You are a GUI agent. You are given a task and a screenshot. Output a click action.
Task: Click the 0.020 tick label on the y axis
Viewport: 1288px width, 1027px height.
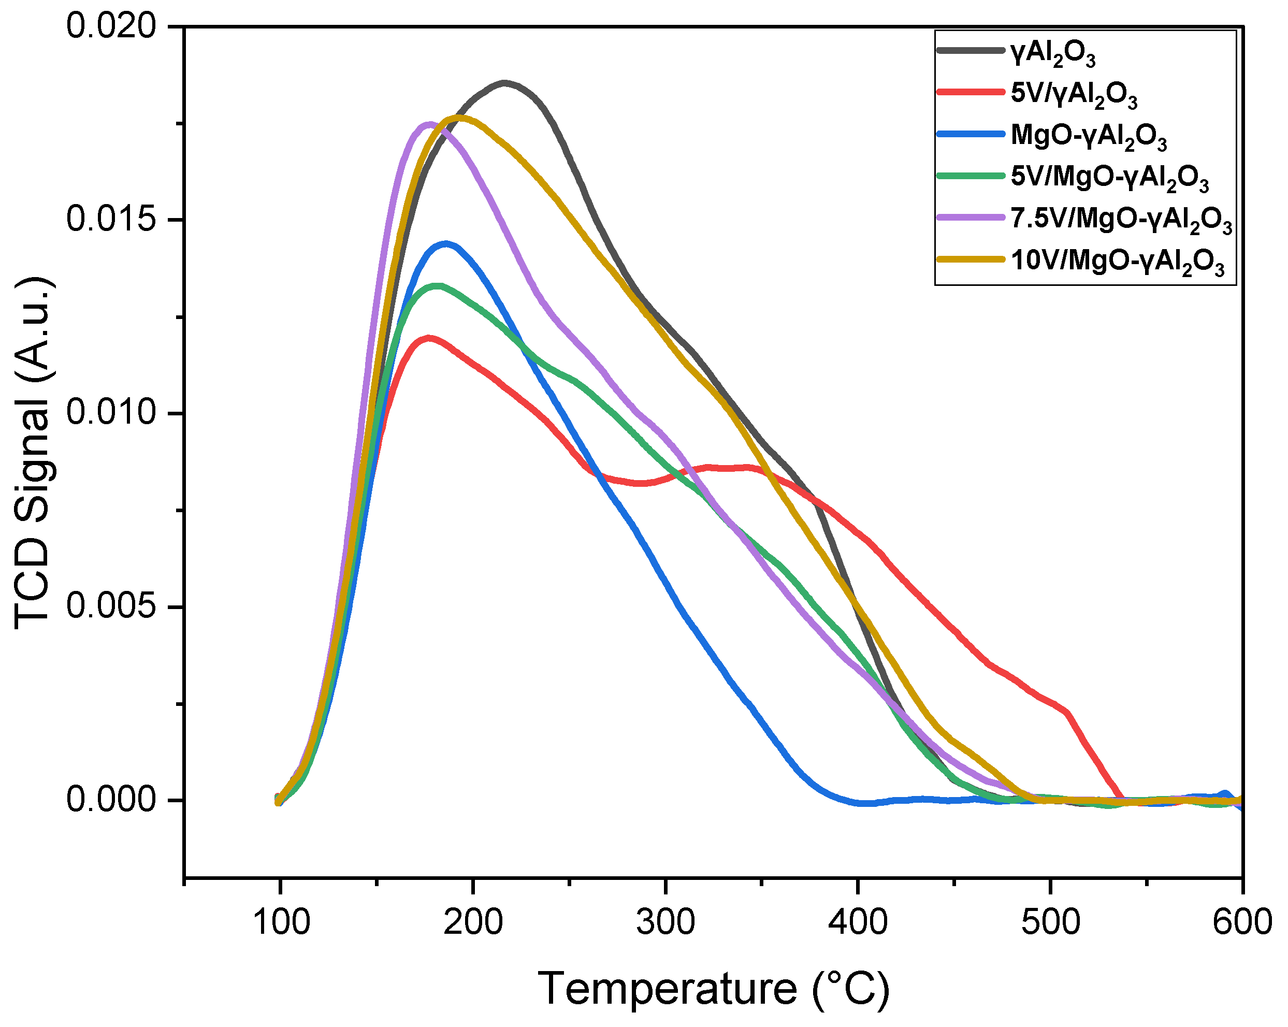click(111, 27)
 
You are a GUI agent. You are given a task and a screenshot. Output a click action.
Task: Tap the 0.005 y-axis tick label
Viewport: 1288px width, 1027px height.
click(111, 607)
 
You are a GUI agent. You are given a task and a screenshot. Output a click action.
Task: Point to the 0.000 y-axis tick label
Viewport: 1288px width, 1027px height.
click(111, 800)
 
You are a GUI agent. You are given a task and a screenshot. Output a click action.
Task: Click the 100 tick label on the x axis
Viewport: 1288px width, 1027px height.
click(281, 922)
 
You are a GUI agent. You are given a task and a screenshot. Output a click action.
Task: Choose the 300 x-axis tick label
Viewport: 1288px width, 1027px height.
click(665, 922)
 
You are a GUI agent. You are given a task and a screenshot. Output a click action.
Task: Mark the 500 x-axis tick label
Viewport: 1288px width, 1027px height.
click(1050, 922)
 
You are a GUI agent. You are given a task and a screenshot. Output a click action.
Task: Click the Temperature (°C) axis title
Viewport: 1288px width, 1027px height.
click(714, 989)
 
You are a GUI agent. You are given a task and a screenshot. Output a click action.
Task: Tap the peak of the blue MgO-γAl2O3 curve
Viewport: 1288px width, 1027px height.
click(446, 244)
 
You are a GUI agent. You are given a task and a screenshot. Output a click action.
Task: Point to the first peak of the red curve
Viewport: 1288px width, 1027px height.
click(428, 338)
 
